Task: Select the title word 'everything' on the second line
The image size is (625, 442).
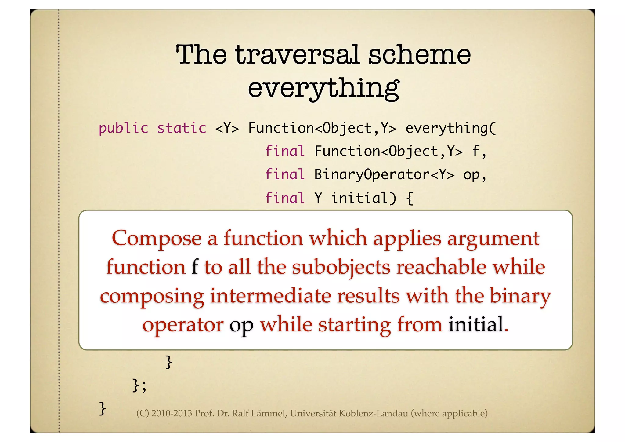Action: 323,88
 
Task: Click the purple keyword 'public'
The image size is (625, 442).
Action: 124,128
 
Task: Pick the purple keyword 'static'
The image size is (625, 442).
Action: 182,128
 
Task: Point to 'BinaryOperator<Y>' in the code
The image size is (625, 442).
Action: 384,175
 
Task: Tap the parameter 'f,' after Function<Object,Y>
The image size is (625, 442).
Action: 479,151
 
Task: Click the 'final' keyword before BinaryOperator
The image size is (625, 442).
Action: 285,175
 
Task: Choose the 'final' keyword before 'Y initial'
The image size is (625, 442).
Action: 285,198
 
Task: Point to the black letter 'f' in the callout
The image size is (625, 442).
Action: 195,267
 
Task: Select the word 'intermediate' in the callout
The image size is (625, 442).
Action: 270,296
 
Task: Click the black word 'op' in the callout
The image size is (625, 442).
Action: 241,325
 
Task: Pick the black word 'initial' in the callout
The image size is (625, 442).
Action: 475,324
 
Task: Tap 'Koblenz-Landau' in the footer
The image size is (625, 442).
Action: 373,413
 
